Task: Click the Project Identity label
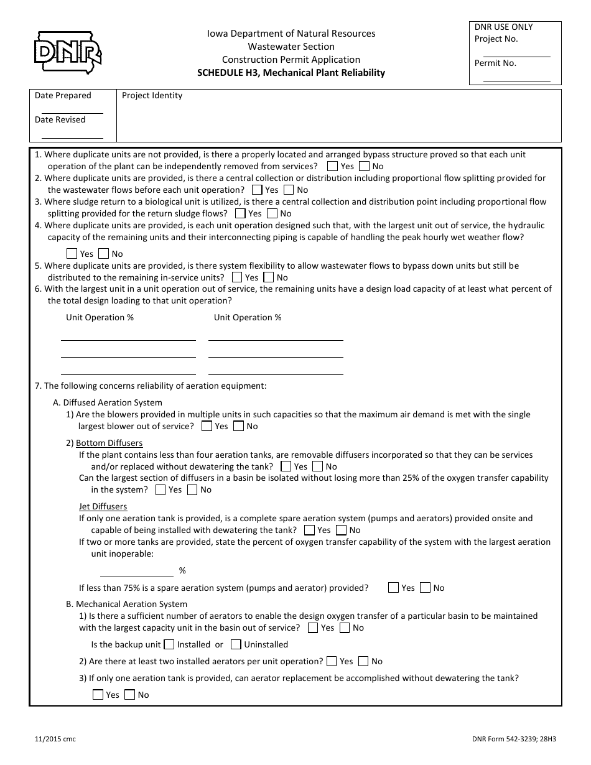[x=152, y=96]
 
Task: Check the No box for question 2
[x=289, y=190]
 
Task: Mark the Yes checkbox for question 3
[x=240, y=213]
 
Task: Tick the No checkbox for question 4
[x=103, y=254]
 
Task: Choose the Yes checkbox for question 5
[x=237, y=277]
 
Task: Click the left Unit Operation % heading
[x=100, y=317]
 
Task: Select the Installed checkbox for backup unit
[x=169, y=644]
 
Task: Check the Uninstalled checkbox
[x=236, y=644]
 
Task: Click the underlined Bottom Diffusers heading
[x=109, y=443]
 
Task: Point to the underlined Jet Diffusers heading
[x=103, y=506]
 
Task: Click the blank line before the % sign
[x=136, y=576]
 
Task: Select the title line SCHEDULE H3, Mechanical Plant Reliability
[x=291, y=73]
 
